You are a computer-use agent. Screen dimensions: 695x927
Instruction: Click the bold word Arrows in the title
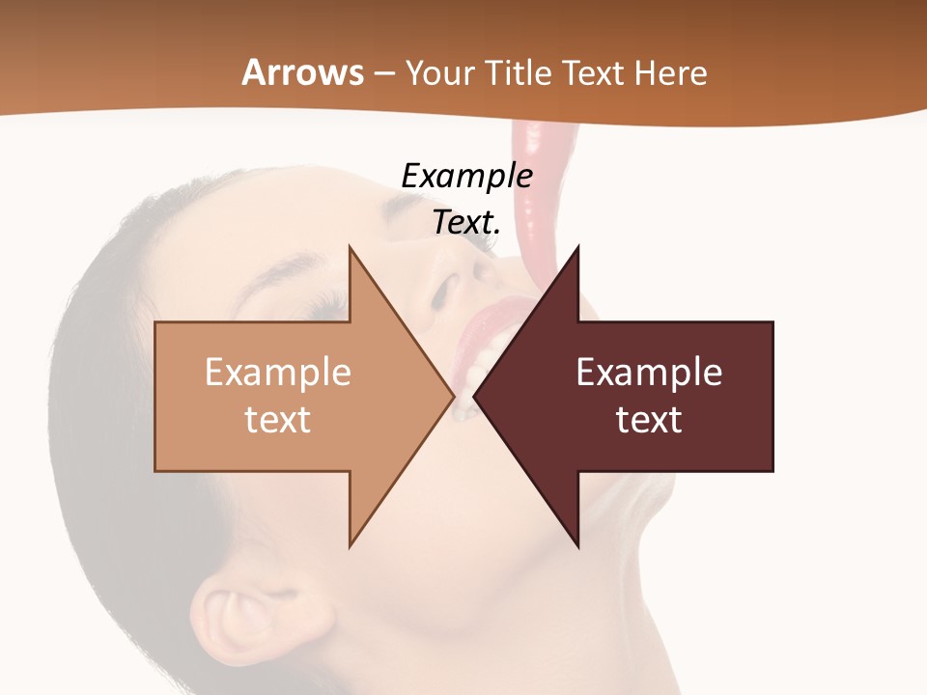point(303,73)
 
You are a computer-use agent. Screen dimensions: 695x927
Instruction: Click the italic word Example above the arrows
point(466,177)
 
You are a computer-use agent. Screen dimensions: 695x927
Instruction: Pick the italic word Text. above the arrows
point(466,222)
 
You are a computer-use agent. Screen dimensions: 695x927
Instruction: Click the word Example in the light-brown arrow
point(278,373)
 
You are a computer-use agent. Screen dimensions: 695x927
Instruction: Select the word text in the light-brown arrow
point(278,419)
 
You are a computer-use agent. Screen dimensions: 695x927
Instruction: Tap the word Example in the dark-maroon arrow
point(649,373)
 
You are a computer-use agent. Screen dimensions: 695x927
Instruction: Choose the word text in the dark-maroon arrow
point(649,419)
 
